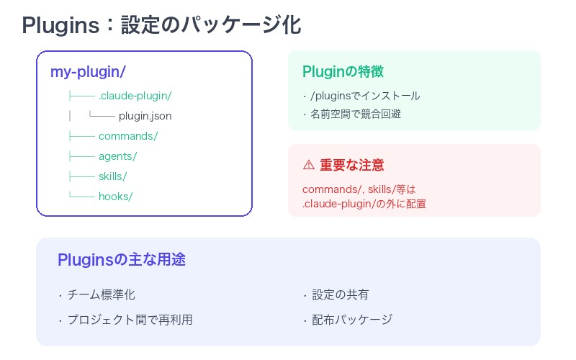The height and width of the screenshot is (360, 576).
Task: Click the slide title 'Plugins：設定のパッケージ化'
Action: (x=161, y=24)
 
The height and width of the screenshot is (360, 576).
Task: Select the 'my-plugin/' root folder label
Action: (x=89, y=72)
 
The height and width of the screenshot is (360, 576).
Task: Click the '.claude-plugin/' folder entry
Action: (x=135, y=96)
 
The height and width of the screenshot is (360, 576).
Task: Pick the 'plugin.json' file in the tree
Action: (x=145, y=116)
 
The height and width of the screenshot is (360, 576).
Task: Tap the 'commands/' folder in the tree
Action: (x=128, y=136)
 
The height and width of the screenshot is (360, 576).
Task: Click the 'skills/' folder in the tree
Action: (x=113, y=176)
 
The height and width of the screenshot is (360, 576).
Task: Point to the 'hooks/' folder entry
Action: (x=115, y=197)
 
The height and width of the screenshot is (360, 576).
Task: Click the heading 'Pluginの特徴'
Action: (x=343, y=72)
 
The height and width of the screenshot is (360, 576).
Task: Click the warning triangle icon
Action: (x=308, y=165)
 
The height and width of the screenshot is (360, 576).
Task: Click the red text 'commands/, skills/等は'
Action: (x=359, y=190)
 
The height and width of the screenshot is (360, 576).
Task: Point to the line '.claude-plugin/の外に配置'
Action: (x=364, y=204)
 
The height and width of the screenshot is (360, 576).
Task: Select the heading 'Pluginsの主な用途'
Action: (x=122, y=260)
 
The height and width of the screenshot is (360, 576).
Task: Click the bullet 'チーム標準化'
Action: (x=101, y=294)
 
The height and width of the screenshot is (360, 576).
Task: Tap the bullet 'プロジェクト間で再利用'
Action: (x=130, y=320)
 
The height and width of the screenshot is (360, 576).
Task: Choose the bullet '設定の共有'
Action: (x=341, y=294)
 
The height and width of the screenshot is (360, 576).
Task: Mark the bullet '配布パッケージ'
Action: (x=352, y=320)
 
